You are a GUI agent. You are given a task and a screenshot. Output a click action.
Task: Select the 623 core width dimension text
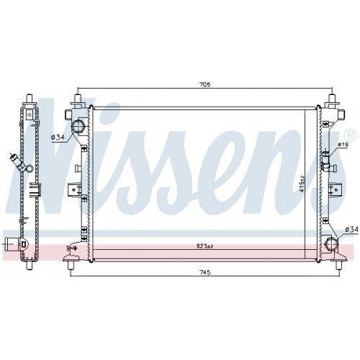tap(204, 246)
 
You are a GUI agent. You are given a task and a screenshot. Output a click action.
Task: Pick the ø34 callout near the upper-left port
tap(58, 137)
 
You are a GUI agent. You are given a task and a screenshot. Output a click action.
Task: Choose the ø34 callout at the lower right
tap(351, 230)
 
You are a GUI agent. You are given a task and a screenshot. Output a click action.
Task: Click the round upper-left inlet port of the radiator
tap(78, 127)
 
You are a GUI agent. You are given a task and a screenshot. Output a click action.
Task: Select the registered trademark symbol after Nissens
tap(350, 135)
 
